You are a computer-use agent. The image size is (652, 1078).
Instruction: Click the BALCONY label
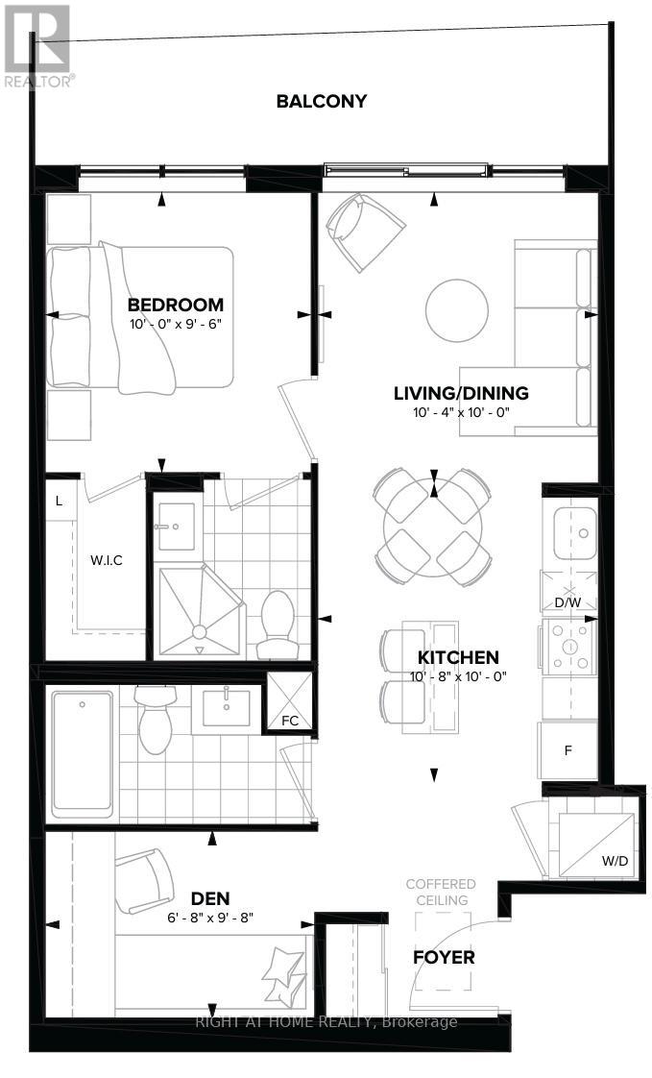point(322,101)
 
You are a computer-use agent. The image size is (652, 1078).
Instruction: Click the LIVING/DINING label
point(461,393)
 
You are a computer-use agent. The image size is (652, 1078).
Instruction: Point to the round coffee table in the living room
point(458,309)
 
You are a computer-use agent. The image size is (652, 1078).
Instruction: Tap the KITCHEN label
point(458,658)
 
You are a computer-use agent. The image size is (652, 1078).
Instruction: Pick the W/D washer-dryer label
point(615,861)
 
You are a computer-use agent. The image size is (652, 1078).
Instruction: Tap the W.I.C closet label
point(107,560)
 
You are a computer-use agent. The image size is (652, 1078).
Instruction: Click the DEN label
point(210,899)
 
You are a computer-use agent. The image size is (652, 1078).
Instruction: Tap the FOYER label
point(444,958)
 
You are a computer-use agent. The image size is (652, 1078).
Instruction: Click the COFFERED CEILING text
point(441,892)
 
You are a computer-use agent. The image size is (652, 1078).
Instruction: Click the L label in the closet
point(60,501)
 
